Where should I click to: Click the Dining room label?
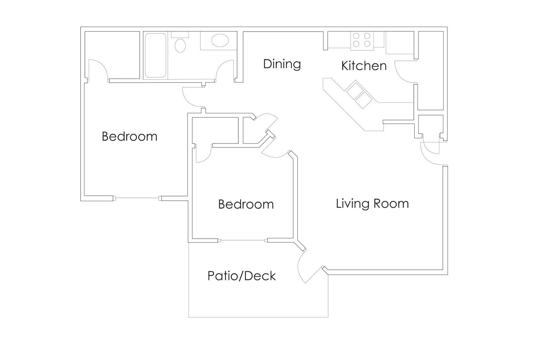(282, 64)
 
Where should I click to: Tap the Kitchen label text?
(364, 66)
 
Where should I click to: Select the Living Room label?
(372, 203)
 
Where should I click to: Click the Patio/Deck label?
(242, 276)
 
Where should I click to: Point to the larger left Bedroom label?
(129, 136)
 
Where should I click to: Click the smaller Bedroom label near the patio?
(246, 204)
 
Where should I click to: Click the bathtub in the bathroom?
(155, 55)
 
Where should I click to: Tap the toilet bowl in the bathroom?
(180, 45)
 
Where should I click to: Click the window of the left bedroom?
(137, 198)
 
